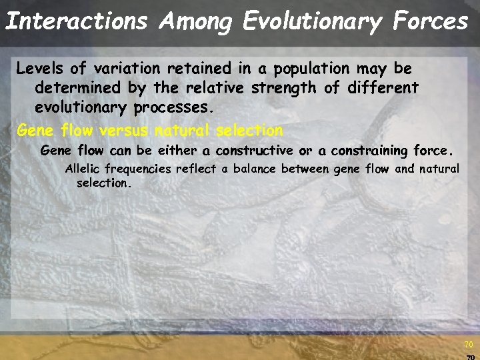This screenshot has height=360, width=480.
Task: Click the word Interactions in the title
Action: coord(75,21)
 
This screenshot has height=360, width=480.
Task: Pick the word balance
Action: coord(254,169)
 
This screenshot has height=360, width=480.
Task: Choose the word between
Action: coord(305,169)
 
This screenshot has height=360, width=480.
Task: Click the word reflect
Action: coord(196,169)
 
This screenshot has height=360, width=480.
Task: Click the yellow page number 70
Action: coord(468,345)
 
